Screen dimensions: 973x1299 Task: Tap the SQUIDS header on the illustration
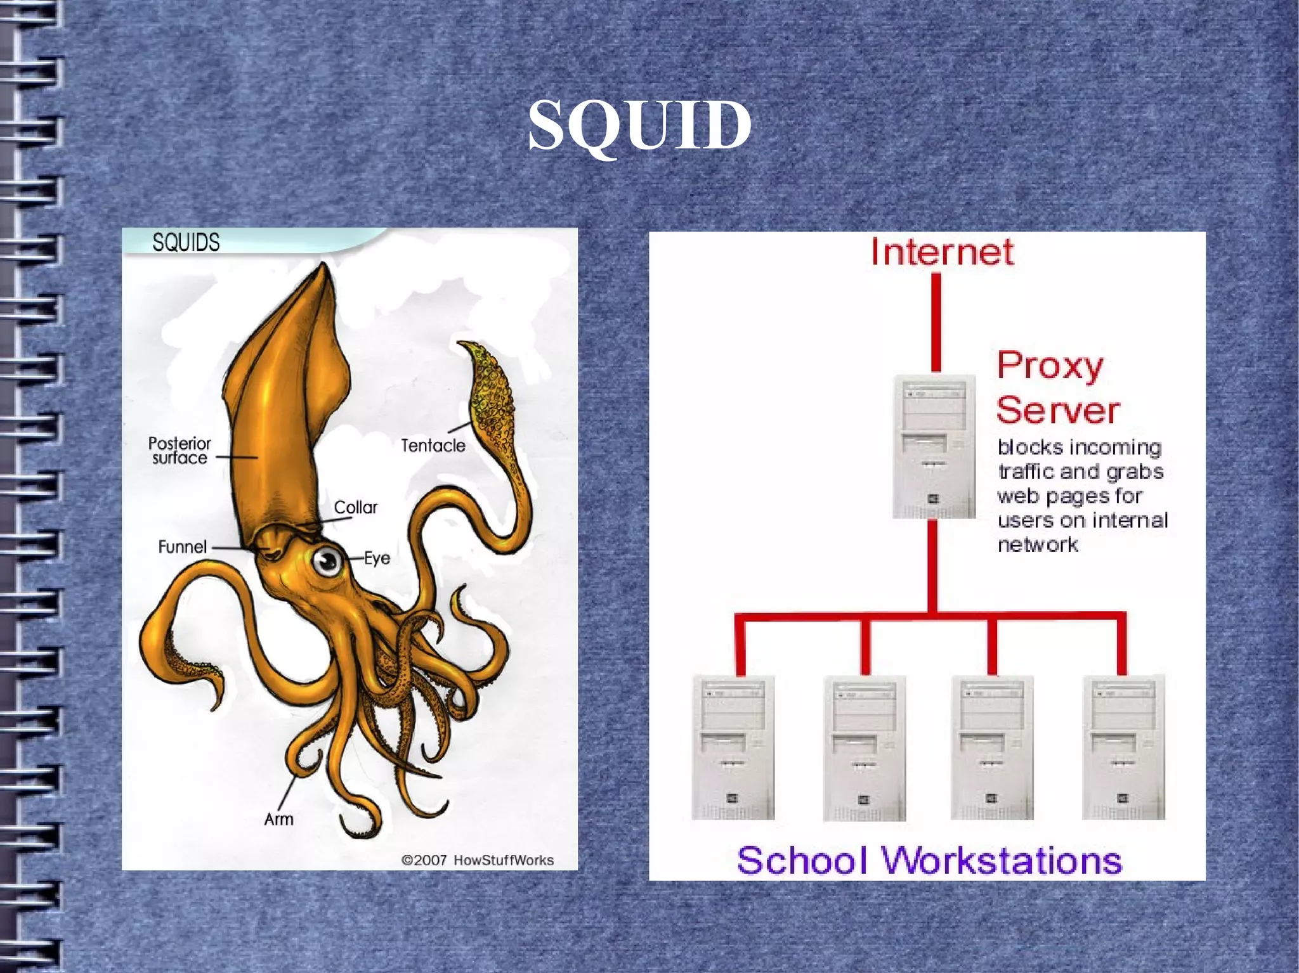[186, 242]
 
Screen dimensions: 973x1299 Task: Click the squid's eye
[327, 560]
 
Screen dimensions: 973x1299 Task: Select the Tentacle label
[433, 446]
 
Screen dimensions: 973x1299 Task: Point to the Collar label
[355, 507]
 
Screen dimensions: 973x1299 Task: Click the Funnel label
[182, 546]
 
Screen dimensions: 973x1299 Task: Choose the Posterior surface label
[180, 450]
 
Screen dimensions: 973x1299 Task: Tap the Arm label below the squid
[278, 819]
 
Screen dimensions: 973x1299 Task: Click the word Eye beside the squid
[377, 558]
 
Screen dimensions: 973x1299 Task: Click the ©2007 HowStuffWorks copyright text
[477, 860]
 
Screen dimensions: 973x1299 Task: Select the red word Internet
[942, 252]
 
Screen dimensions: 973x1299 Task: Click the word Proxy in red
[1050, 366]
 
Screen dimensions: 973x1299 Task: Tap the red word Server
[1057, 410]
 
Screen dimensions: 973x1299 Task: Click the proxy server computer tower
[934, 446]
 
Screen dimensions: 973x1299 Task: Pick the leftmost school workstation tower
[733, 747]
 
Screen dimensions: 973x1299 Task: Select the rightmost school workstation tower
[1123, 747]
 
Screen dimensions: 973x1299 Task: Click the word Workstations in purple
[1002, 861]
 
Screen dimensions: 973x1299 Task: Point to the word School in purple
[802, 861]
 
